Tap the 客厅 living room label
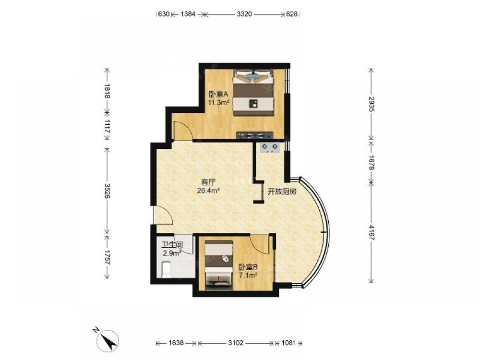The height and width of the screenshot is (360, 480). coord(208,182)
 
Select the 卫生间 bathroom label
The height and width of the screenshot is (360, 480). coord(172,245)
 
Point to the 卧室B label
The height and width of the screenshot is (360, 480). coord(248,267)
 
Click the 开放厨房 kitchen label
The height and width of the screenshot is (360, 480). coord(282,192)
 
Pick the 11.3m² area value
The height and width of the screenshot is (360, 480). coord(219,103)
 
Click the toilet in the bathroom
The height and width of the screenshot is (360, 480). coord(166,269)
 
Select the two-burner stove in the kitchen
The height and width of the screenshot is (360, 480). coord(270,147)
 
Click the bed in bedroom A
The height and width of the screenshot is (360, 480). coord(253,92)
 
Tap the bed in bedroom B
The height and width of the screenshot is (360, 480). coord(218,264)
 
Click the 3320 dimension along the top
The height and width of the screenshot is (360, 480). coord(244,14)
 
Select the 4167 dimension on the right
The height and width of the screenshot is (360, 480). coord(372,233)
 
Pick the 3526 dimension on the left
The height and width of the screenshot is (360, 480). coord(107,191)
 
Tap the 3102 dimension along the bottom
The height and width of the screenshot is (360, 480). coord(236,343)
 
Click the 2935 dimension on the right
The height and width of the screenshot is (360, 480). coord(372,104)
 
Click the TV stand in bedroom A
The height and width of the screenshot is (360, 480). coord(255,135)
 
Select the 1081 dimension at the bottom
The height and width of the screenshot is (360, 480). coord(288,343)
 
